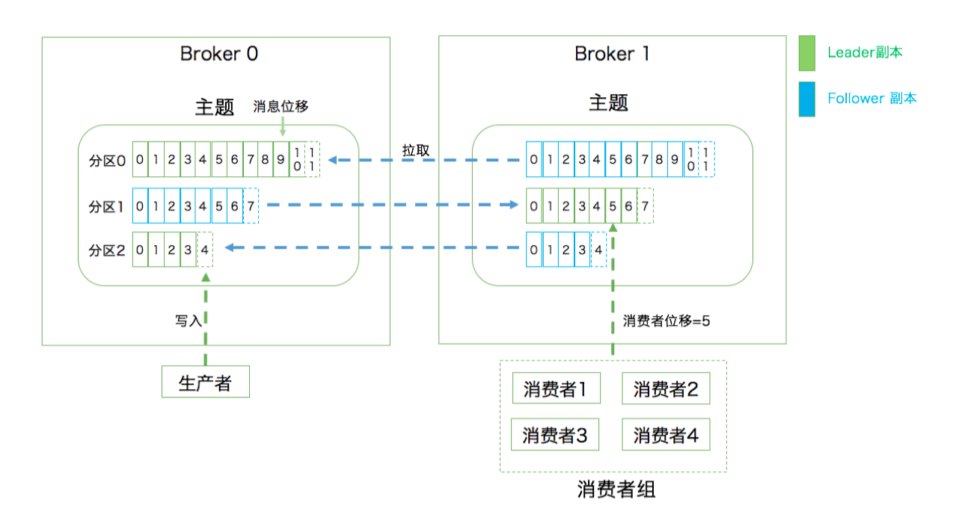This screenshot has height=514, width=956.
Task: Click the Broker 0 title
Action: point(219,54)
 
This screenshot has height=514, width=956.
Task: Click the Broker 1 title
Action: point(612,54)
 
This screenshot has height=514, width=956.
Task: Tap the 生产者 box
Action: point(206,382)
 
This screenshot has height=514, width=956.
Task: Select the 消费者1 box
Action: point(556,388)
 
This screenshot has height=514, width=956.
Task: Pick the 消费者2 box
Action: point(666,388)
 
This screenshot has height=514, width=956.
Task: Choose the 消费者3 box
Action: point(555,434)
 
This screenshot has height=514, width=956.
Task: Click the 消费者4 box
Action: point(666,434)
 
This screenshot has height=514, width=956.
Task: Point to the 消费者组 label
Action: point(616,489)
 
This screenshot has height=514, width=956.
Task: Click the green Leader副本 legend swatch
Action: point(806,53)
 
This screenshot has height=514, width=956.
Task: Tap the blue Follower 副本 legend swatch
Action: point(806,99)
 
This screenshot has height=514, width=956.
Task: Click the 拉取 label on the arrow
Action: point(416,150)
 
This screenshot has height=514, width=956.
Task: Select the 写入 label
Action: point(189,321)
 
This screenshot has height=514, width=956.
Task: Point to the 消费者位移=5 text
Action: point(667,321)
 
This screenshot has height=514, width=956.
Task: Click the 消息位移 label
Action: point(281,106)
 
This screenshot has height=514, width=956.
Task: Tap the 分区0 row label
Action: point(107,161)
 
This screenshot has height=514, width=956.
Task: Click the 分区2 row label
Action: point(107,250)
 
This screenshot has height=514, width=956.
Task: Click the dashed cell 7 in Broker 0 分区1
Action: point(251,206)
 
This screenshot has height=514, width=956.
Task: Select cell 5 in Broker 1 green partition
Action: point(613,206)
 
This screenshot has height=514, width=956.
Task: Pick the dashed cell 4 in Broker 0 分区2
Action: point(205,250)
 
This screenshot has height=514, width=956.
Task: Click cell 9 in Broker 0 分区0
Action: point(281,159)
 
